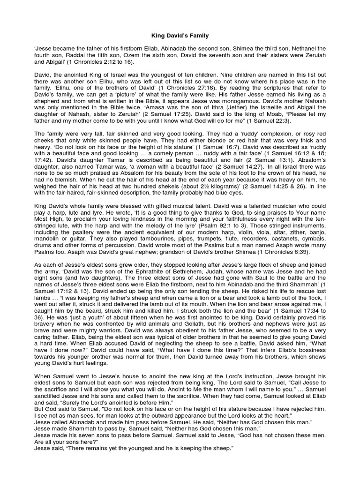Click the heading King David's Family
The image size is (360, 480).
tap(180, 35)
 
